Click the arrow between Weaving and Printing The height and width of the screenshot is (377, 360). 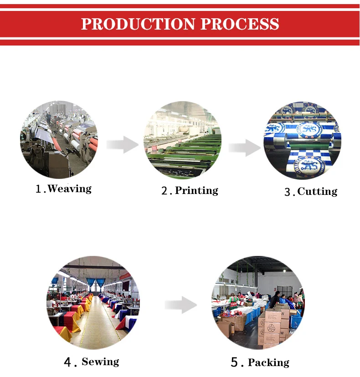[122, 145]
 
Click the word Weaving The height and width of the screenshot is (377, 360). [69, 188]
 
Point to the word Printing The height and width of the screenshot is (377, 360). [196, 190]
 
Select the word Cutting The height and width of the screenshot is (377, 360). [317, 191]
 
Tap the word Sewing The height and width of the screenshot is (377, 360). [100, 362]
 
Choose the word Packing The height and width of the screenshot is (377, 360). [268, 362]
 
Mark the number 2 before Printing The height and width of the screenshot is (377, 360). [165, 191]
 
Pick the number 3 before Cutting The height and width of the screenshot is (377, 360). [288, 192]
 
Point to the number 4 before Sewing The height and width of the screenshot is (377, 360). [68, 362]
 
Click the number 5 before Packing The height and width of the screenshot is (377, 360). [235, 363]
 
